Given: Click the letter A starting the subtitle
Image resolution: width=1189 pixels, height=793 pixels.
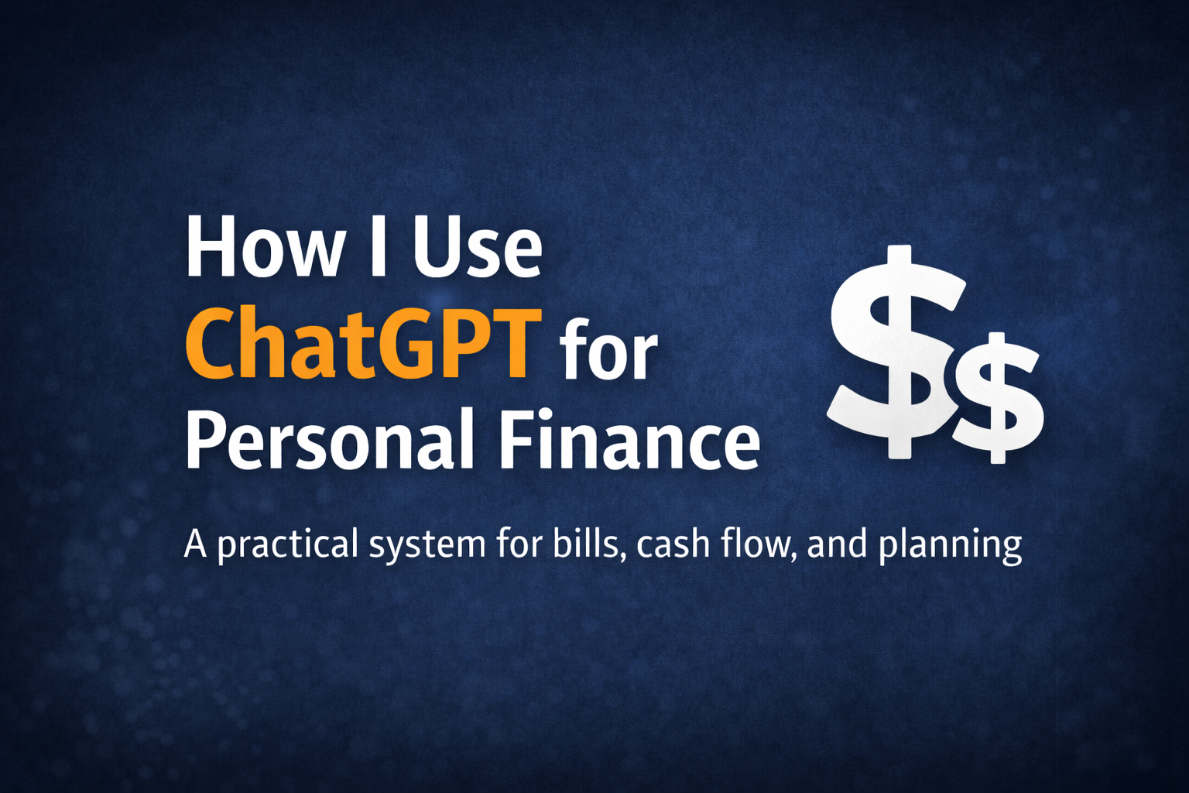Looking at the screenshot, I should click(x=195, y=544).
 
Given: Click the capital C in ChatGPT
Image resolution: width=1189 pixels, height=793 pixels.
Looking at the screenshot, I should click(x=209, y=343).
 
